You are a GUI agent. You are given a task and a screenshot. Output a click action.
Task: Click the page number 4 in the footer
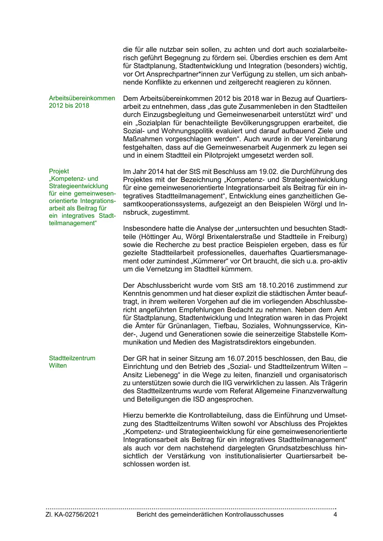coord(335,514)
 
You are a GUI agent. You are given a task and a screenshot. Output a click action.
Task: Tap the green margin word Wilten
coord(58,366)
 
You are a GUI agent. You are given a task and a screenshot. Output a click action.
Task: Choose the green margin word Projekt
coord(59,171)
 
